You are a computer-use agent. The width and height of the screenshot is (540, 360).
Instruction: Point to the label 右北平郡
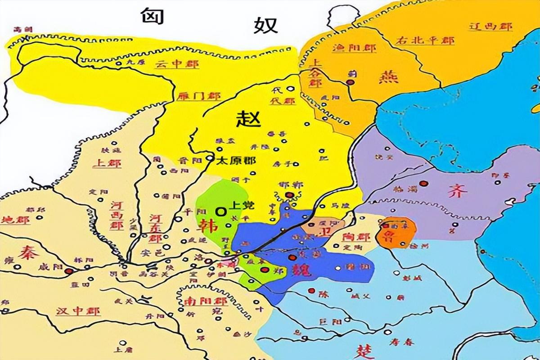[425, 40]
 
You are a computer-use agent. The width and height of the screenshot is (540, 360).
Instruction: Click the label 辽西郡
[490, 26]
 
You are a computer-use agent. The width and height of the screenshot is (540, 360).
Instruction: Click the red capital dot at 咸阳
[69, 271]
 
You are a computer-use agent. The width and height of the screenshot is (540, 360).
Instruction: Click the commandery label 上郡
[107, 163]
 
